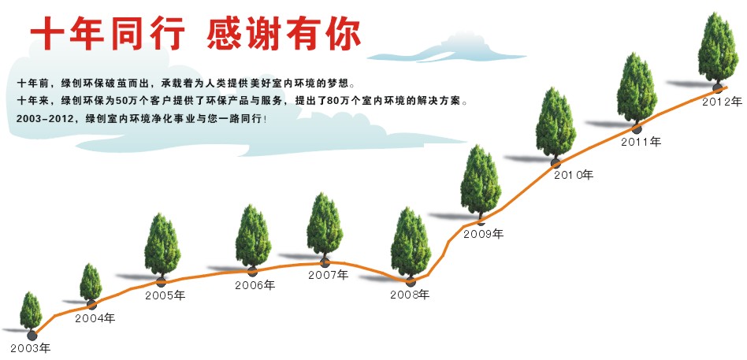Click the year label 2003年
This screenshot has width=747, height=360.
(31, 348)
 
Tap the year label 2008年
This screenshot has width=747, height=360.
(410, 295)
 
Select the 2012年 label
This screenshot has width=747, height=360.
(723, 101)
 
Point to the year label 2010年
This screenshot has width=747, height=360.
(574, 175)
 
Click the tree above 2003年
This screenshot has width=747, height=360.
(31, 311)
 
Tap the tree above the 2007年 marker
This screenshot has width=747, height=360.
(325, 225)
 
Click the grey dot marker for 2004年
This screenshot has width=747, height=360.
(92, 305)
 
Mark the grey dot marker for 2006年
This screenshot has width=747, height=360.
(252, 272)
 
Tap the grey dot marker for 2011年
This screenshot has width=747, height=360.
(637, 128)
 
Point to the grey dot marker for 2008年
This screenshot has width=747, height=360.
(411, 281)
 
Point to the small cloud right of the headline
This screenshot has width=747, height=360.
(447, 49)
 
